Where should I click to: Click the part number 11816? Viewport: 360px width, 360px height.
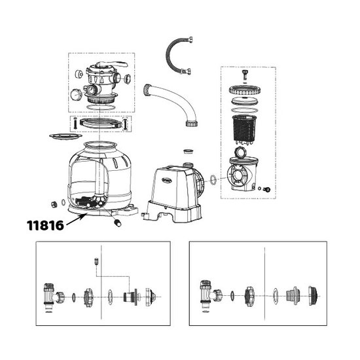coord(45,225)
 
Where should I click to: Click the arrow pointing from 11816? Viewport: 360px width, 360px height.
coord(76,219)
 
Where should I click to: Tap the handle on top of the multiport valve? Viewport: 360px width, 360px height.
coord(112,64)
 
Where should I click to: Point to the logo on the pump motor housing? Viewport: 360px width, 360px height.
coord(167,180)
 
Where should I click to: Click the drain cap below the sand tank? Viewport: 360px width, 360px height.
coord(117,223)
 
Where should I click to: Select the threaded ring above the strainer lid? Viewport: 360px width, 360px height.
coord(245,90)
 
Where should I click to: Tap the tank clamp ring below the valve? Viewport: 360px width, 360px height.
coord(101,123)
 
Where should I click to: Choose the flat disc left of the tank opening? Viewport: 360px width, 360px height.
coord(65,136)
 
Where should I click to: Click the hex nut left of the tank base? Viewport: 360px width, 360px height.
coord(54,204)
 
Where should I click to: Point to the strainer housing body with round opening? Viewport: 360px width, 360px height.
coord(242,175)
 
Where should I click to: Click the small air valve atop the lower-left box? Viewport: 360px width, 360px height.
coord(96,261)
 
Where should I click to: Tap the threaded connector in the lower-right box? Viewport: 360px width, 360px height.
coord(292,296)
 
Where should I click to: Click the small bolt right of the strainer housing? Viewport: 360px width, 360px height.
coord(267,189)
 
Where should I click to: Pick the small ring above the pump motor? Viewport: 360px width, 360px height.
coord(189,151)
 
